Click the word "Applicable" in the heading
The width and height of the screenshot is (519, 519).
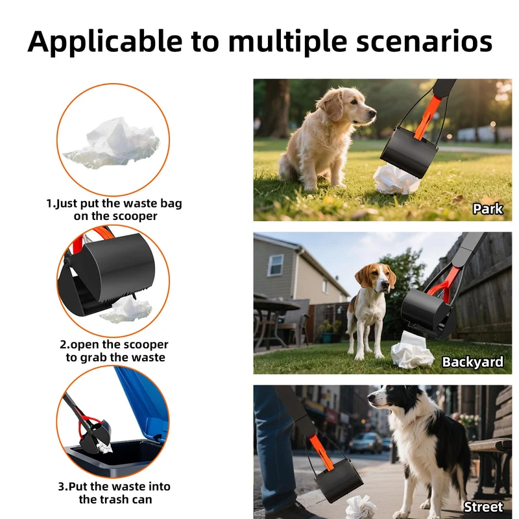coord(105,42)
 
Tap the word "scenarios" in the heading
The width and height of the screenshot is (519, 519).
coord(424,42)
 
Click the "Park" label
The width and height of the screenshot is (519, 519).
coord(488,209)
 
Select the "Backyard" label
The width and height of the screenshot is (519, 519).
coord(473,362)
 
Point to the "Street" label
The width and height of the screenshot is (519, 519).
coord(483,507)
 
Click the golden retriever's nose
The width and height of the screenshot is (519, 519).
coord(373,113)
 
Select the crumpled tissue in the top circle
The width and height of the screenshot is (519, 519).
coord(113,143)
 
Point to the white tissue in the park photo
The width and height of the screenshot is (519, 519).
coord(396,180)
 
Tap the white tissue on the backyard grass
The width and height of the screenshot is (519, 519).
coord(411,351)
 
